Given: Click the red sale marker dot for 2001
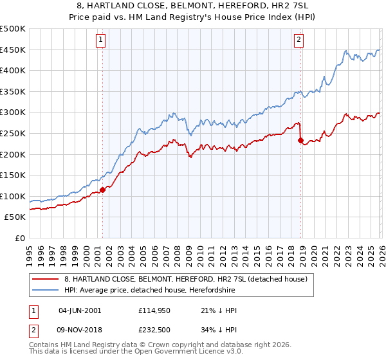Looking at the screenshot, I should tap(102, 190).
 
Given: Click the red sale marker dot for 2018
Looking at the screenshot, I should tap(300, 140).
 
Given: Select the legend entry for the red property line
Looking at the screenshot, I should tap(186, 279).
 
